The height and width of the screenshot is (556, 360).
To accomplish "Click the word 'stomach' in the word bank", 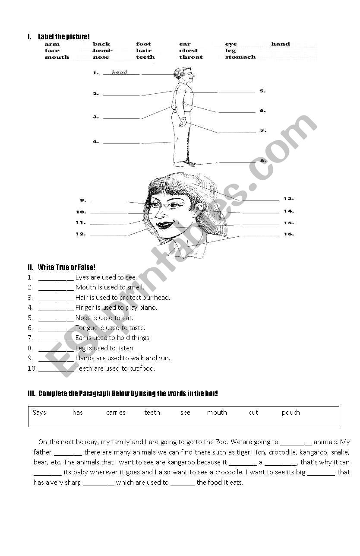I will click(240, 57).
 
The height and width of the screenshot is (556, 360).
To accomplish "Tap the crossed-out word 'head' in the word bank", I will click(101, 51).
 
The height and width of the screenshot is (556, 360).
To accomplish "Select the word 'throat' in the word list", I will click(191, 57).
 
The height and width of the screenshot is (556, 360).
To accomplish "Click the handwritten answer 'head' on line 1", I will click(120, 72).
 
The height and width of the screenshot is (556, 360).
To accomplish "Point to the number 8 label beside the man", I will click(263, 161).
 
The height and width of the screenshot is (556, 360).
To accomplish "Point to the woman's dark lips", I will click(165, 225).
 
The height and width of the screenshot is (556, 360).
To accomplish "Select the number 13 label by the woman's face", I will click(289, 199).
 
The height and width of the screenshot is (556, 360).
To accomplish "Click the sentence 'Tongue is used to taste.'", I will click(110, 328).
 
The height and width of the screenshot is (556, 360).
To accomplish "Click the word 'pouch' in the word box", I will click(291, 413).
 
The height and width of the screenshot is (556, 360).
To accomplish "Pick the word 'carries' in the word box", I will click(116, 413).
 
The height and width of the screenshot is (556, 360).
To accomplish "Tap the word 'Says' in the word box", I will click(39, 413).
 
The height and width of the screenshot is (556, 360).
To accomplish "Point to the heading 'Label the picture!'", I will click(64, 37).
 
